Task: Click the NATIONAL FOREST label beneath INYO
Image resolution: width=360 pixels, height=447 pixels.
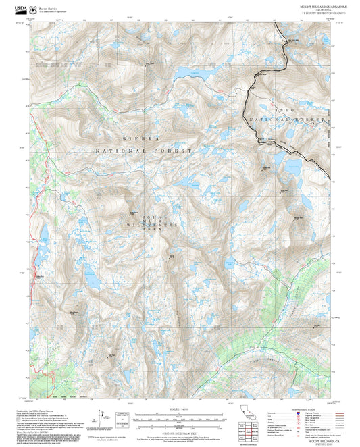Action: (286, 119)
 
